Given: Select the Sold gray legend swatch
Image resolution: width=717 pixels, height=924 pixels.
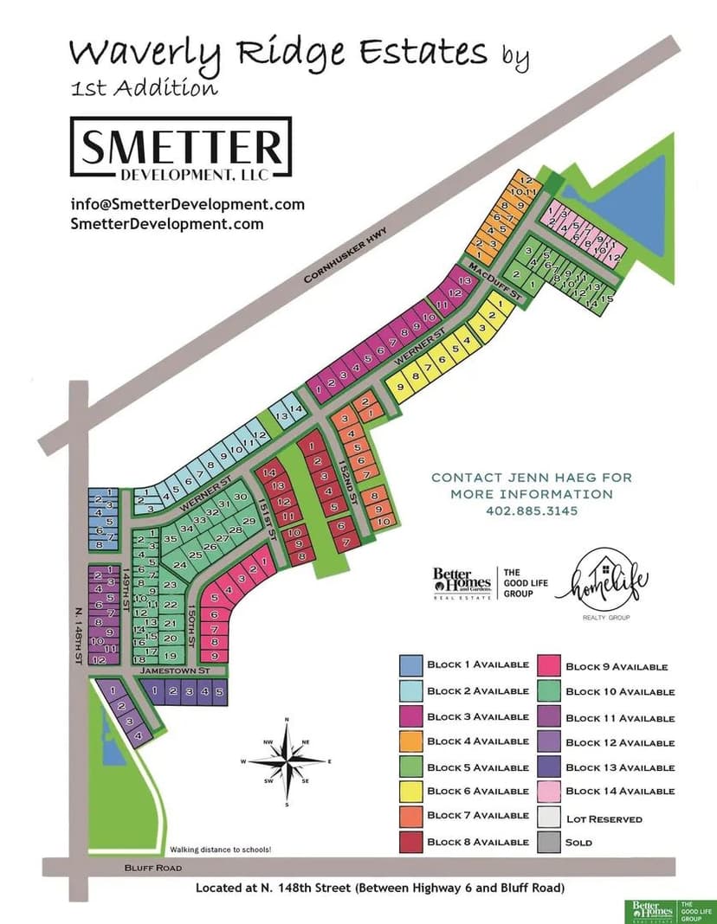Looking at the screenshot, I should [548, 842].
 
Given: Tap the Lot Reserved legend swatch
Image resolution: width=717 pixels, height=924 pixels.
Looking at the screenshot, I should [548, 818].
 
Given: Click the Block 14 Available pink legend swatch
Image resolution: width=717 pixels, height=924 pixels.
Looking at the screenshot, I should [548, 791].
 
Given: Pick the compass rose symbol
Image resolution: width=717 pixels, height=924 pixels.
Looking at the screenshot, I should [287, 761].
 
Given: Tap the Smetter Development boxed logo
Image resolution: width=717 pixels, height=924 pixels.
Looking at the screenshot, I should [180, 148].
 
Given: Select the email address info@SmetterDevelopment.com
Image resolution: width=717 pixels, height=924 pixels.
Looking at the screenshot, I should [187, 205].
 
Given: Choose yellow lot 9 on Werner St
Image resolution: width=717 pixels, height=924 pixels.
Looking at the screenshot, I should [400, 388].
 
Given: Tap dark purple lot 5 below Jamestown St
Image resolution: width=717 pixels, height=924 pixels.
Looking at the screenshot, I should [218, 691].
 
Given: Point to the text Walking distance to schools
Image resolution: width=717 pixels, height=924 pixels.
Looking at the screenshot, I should [221, 850].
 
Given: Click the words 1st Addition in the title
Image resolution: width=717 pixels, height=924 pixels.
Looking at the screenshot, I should [144, 87].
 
